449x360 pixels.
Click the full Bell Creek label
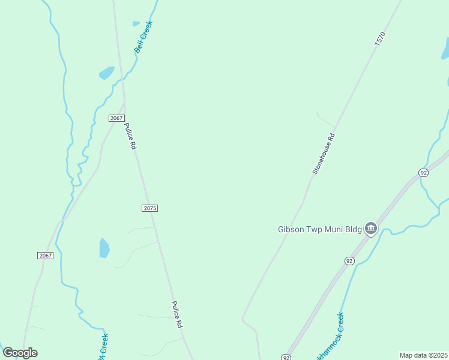click(144, 37)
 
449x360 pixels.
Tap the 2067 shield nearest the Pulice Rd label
click(116, 118)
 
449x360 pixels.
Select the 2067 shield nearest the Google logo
click(46, 256)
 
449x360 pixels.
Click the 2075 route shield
click(150, 208)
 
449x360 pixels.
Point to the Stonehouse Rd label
click(322, 154)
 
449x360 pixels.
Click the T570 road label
click(379, 40)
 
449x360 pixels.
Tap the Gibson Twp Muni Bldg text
click(319, 229)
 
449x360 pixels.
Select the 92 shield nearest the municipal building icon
click(349, 260)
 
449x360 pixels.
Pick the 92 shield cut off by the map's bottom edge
click(286, 358)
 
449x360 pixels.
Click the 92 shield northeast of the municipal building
click(424, 173)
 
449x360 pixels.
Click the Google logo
click(20, 353)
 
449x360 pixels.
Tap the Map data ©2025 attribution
click(423, 355)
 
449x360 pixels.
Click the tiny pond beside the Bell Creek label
click(136, 24)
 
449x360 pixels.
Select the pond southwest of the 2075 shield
click(104, 247)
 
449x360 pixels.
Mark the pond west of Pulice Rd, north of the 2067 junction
click(107, 73)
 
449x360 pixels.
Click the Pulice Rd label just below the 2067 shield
click(130, 136)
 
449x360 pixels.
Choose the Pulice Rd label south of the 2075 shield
click(177, 314)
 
